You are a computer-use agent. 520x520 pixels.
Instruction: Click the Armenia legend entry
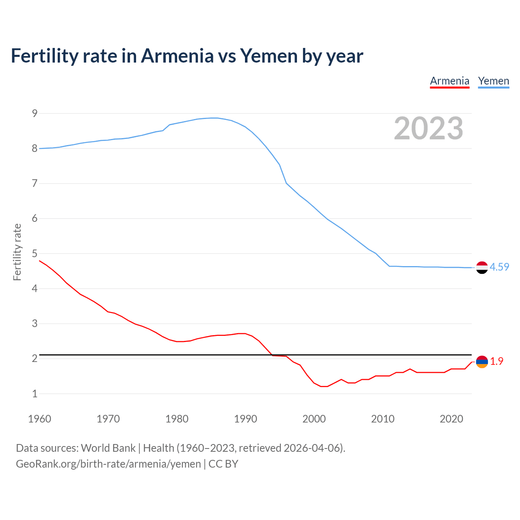coord(450,81)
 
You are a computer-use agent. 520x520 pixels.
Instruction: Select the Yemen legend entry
coord(493,81)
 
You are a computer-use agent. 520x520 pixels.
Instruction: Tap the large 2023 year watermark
coord(428,128)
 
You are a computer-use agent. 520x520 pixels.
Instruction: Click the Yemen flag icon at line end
coord(482,267)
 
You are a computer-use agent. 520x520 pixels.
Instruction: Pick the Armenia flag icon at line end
coord(482,362)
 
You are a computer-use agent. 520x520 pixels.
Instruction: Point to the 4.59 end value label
coord(499,267)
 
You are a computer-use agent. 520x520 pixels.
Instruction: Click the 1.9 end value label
coord(496,361)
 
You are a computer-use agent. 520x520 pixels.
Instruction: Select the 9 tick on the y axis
coord(35,113)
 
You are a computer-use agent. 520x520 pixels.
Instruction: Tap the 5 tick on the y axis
coord(35,253)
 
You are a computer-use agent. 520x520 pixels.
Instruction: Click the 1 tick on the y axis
coord(35,394)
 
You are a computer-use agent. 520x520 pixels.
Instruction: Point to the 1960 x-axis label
coord(39,419)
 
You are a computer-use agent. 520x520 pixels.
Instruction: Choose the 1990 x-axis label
coord(245,419)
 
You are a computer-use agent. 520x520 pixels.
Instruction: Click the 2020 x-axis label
coord(451,419)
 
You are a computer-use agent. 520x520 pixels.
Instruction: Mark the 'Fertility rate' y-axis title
coord(17,252)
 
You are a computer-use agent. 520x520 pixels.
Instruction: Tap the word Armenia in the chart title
coord(177,56)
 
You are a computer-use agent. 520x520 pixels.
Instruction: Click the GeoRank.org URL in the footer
coord(108,464)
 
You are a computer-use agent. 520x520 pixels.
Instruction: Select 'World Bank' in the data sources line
coord(108,448)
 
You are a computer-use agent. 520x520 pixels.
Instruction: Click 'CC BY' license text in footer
coord(223,464)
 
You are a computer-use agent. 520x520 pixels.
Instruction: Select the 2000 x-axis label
coord(314,419)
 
